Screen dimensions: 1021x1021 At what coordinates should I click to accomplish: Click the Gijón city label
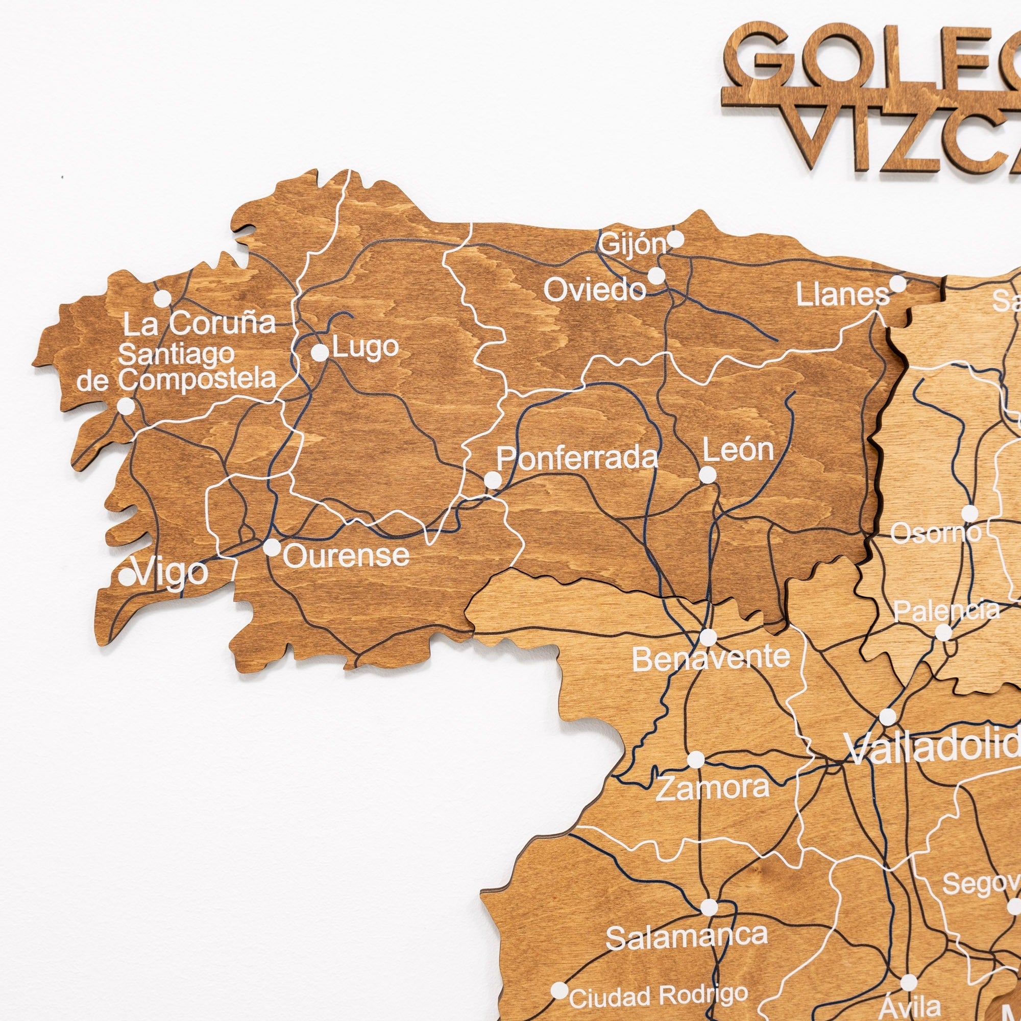tap(634, 245)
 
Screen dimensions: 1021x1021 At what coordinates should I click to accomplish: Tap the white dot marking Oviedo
tap(657, 275)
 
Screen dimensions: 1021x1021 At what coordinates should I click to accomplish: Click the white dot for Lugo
tap(320, 352)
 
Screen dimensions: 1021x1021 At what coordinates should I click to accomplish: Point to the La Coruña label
tap(200, 324)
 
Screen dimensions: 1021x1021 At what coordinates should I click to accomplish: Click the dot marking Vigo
tap(127, 576)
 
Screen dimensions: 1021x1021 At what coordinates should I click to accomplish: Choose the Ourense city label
tap(347, 555)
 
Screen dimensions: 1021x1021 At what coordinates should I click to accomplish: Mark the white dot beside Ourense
tap(272, 547)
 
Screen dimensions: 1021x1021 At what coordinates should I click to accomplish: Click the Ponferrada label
tap(577, 458)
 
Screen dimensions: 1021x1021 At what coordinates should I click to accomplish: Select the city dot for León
tap(708, 475)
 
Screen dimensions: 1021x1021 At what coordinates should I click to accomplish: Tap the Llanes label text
tap(842, 295)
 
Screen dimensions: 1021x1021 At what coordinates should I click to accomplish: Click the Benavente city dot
tap(708, 637)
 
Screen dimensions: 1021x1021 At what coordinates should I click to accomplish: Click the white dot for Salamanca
tap(709, 908)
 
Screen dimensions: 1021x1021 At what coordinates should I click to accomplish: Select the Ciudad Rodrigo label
tap(659, 995)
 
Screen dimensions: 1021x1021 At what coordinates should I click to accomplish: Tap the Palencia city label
tap(946, 612)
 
